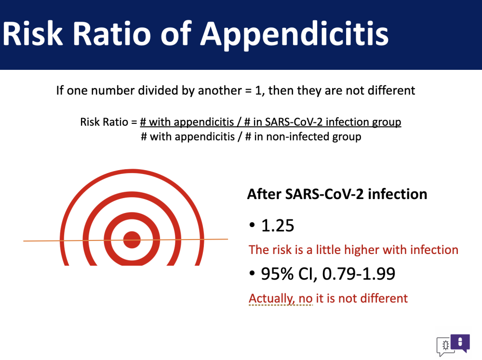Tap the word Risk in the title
point(33,33)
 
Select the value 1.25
point(277,226)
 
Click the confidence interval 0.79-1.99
point(359,273)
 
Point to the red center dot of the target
point(132,240)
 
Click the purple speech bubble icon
point(460,343)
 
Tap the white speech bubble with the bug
point(444,346)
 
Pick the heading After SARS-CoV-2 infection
point(337,194)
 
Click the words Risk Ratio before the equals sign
point(104,122)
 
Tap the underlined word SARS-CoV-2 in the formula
point(294,122)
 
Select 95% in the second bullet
point(277,273)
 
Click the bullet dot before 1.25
point(252,226)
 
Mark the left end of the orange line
point(24,241)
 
